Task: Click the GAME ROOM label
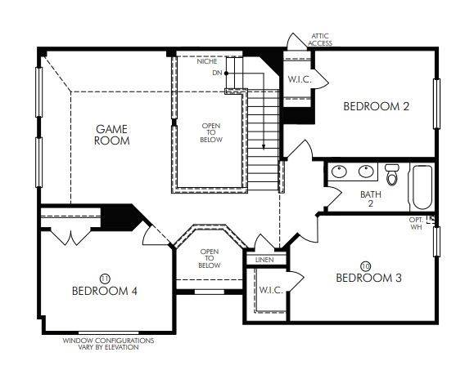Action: [113, 135]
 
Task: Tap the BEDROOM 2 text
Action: [376, 106]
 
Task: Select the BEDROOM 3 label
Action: [369, 278]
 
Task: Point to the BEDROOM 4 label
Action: [104, 290]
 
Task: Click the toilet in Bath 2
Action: [392, 174]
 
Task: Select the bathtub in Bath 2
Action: [422, 186]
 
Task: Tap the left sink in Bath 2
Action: [342, 172]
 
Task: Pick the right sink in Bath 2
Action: [365, 172]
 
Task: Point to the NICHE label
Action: [207, 61]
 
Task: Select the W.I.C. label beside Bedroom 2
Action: [296, 79]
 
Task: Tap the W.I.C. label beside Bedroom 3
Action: [270, 290]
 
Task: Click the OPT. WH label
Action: [418, 223]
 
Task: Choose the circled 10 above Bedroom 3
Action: [365, 265]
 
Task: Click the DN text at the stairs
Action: [216, 74]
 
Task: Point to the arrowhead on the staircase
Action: [264, 146]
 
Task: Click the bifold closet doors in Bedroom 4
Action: [70, 238]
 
